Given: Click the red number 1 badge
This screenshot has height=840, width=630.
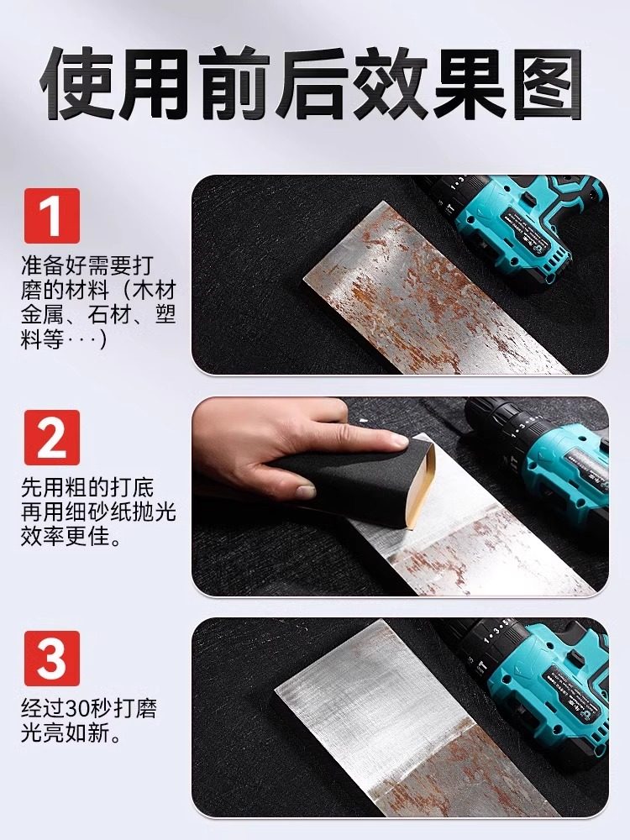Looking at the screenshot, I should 51,216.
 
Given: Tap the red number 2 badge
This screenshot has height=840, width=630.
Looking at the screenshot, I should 51,437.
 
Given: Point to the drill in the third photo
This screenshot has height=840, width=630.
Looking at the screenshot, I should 538,680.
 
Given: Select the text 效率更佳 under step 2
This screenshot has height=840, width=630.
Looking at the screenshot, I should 74,535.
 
